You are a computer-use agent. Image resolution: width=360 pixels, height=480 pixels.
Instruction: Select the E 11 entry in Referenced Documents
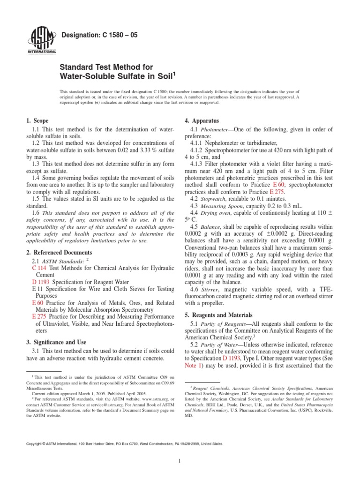[37, 290]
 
